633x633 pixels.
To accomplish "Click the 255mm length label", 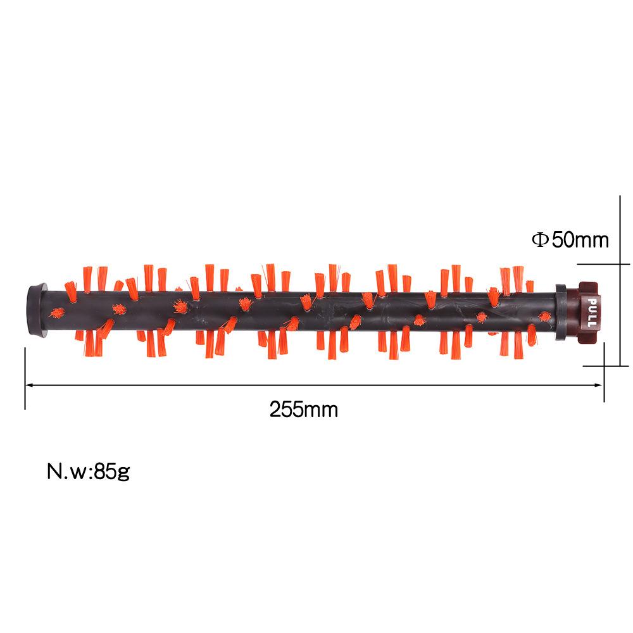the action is point(304,410).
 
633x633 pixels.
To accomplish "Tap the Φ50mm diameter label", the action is point(570,240).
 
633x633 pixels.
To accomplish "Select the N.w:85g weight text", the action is point(89,472).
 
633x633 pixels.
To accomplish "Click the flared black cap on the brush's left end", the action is point(39,310).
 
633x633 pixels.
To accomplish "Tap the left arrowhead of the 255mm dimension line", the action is point(29,385).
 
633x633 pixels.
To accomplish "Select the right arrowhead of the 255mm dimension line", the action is point(599,385).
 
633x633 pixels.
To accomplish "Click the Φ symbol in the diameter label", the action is point(540,240).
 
